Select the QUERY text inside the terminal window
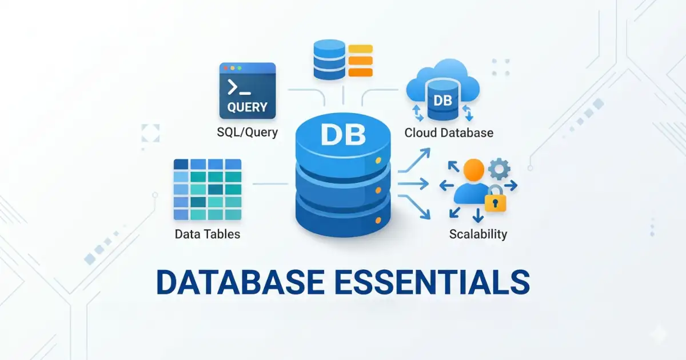pos(247,107)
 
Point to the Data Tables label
pos(208,234)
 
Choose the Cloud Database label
pos(449,133)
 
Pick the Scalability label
pos(478,234)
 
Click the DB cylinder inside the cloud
pos(442,102)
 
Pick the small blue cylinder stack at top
pos(329,59)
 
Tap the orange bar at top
pos(360,72)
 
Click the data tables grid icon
pos(208,189)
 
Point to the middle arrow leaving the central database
pos(413,184)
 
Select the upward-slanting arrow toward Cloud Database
pos(415,160)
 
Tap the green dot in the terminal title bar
pos(240,67)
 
